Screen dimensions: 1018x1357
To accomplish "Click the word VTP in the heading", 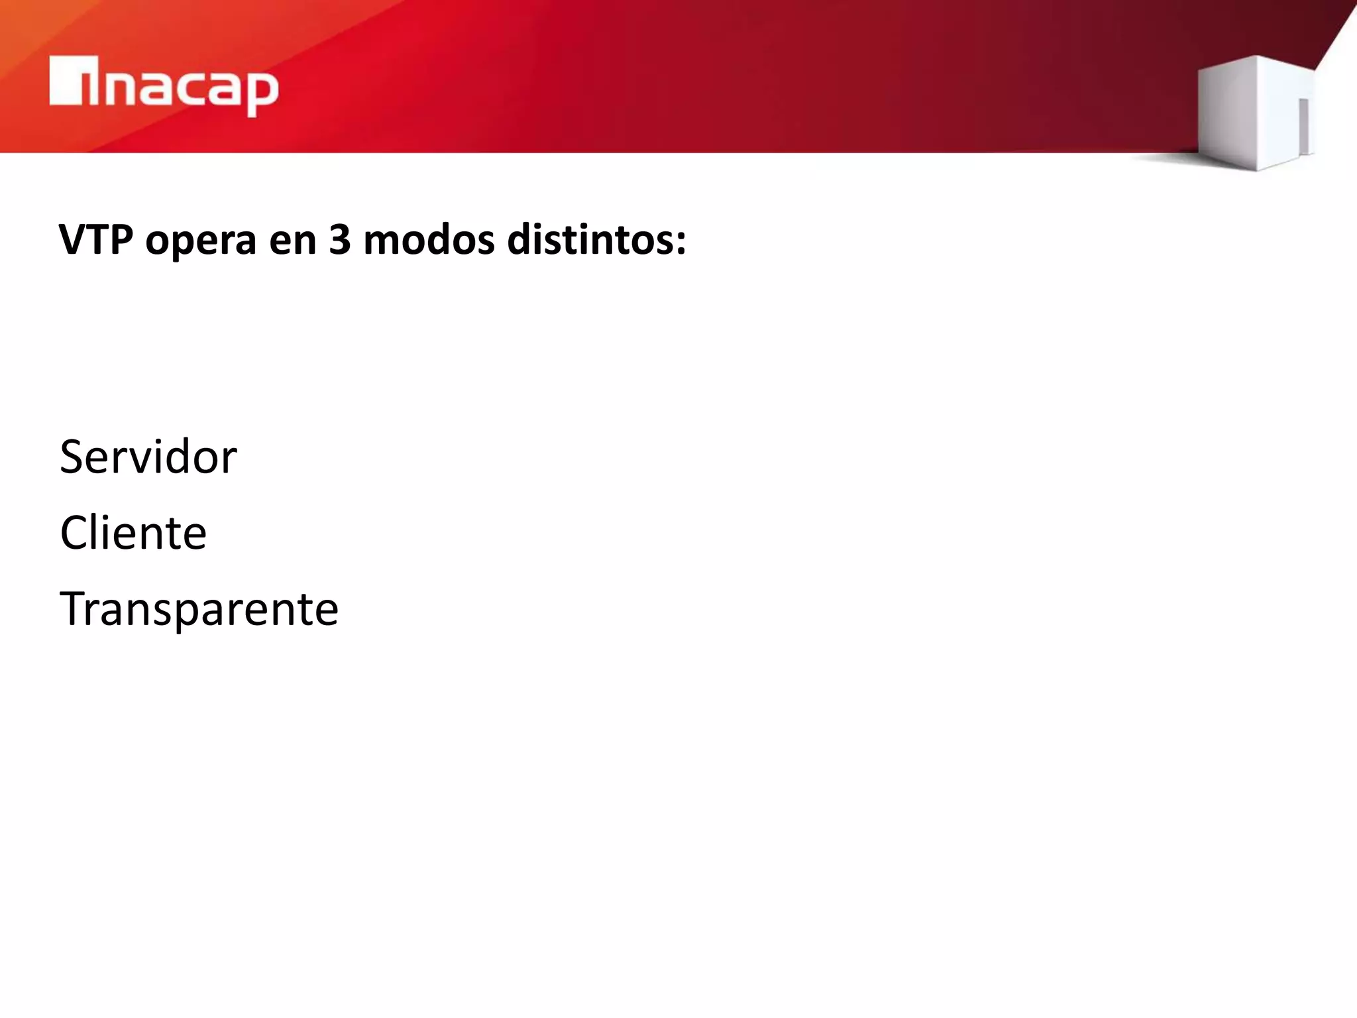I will tap(95, 240).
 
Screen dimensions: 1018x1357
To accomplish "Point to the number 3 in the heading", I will tap(339, 240).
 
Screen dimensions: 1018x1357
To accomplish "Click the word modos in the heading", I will tap(429, 240).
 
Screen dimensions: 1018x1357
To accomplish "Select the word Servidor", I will tap(148, 457).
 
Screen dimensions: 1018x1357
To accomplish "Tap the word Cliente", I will tap(133, 533).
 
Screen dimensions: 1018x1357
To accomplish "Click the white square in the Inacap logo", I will tap(66, 81).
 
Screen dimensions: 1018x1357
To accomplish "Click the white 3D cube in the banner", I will tap(1256, 113).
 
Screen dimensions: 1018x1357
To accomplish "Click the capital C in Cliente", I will tap(75, 533).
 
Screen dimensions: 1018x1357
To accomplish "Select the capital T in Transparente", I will tap(74, 608).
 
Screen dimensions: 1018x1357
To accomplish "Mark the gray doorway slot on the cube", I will tap(1303, 126).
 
